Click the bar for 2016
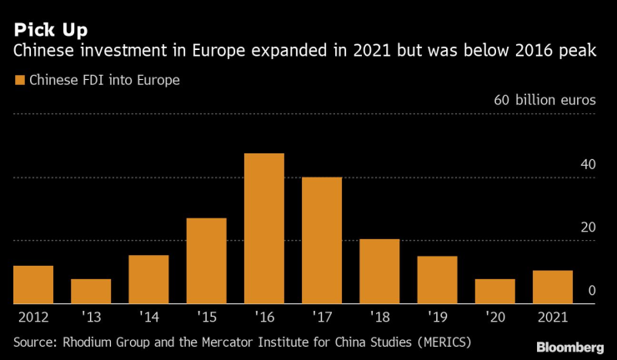(x=264, y=228)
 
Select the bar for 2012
(x=33, y=285)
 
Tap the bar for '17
(x=322, y=241)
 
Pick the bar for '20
(x=495, y=292)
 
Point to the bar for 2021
(x=553, y=287)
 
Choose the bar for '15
(x=207, y=261)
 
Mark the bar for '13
(x=91, y=292)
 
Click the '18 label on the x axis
(x=379, y=317)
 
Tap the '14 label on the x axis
(x=148, y=317)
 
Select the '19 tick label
(x=437, y=317)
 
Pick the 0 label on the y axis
(x=591, y=291)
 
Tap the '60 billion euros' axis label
(x=544, y=100)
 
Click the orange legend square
(x=18, y=81)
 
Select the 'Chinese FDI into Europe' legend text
(x=105, y=81)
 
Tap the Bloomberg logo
(x=569, y=347)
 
